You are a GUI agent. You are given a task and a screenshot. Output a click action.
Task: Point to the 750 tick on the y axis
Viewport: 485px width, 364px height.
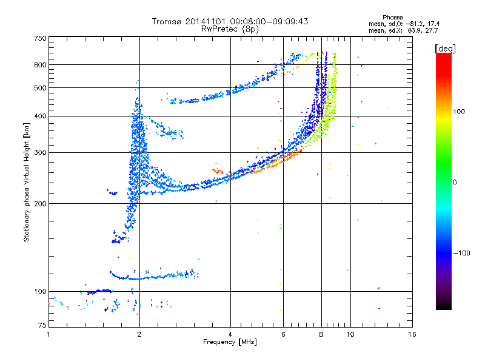[41, 38]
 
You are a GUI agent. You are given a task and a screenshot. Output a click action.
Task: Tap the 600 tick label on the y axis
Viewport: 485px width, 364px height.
[41, 64]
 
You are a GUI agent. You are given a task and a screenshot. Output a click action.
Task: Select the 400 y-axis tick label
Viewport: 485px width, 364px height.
[41, 116]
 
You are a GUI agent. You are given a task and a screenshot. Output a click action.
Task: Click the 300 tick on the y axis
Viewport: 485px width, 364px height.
[41, 152]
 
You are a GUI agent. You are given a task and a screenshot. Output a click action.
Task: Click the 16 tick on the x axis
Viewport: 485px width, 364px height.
[412, 334]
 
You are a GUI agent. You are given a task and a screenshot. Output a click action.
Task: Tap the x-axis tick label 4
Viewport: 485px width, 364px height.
[230, 334]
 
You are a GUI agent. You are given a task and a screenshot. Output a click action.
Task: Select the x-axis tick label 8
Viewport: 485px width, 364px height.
[321, 334]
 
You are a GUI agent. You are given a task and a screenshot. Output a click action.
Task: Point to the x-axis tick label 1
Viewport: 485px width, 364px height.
[48, 334]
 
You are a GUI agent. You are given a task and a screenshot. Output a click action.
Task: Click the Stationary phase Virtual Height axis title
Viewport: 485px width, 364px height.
[27, 182]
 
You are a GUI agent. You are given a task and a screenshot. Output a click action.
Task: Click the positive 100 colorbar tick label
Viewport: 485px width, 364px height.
[459, 112]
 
